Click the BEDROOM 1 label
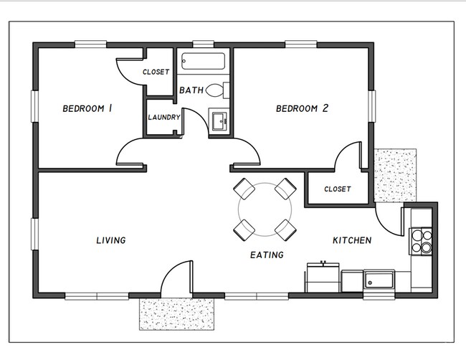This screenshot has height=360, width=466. coord(88,109)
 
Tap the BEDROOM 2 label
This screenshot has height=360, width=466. coord(302,109)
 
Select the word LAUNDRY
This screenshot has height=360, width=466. coord(163,118)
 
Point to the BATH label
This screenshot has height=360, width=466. coord(191,90)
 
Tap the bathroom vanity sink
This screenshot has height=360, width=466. coord(218,119)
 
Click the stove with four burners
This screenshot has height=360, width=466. coord(420,241)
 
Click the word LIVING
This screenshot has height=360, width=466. coord(111,240)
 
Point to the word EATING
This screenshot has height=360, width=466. coord(267,255)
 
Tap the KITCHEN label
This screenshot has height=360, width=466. coord(351,240)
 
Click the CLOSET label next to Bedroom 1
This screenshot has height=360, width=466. coord(156,72)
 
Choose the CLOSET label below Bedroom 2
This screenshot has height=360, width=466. coord(337,189)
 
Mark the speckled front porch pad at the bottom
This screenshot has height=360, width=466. coord(177,313)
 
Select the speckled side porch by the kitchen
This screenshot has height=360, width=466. coord(395,176)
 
